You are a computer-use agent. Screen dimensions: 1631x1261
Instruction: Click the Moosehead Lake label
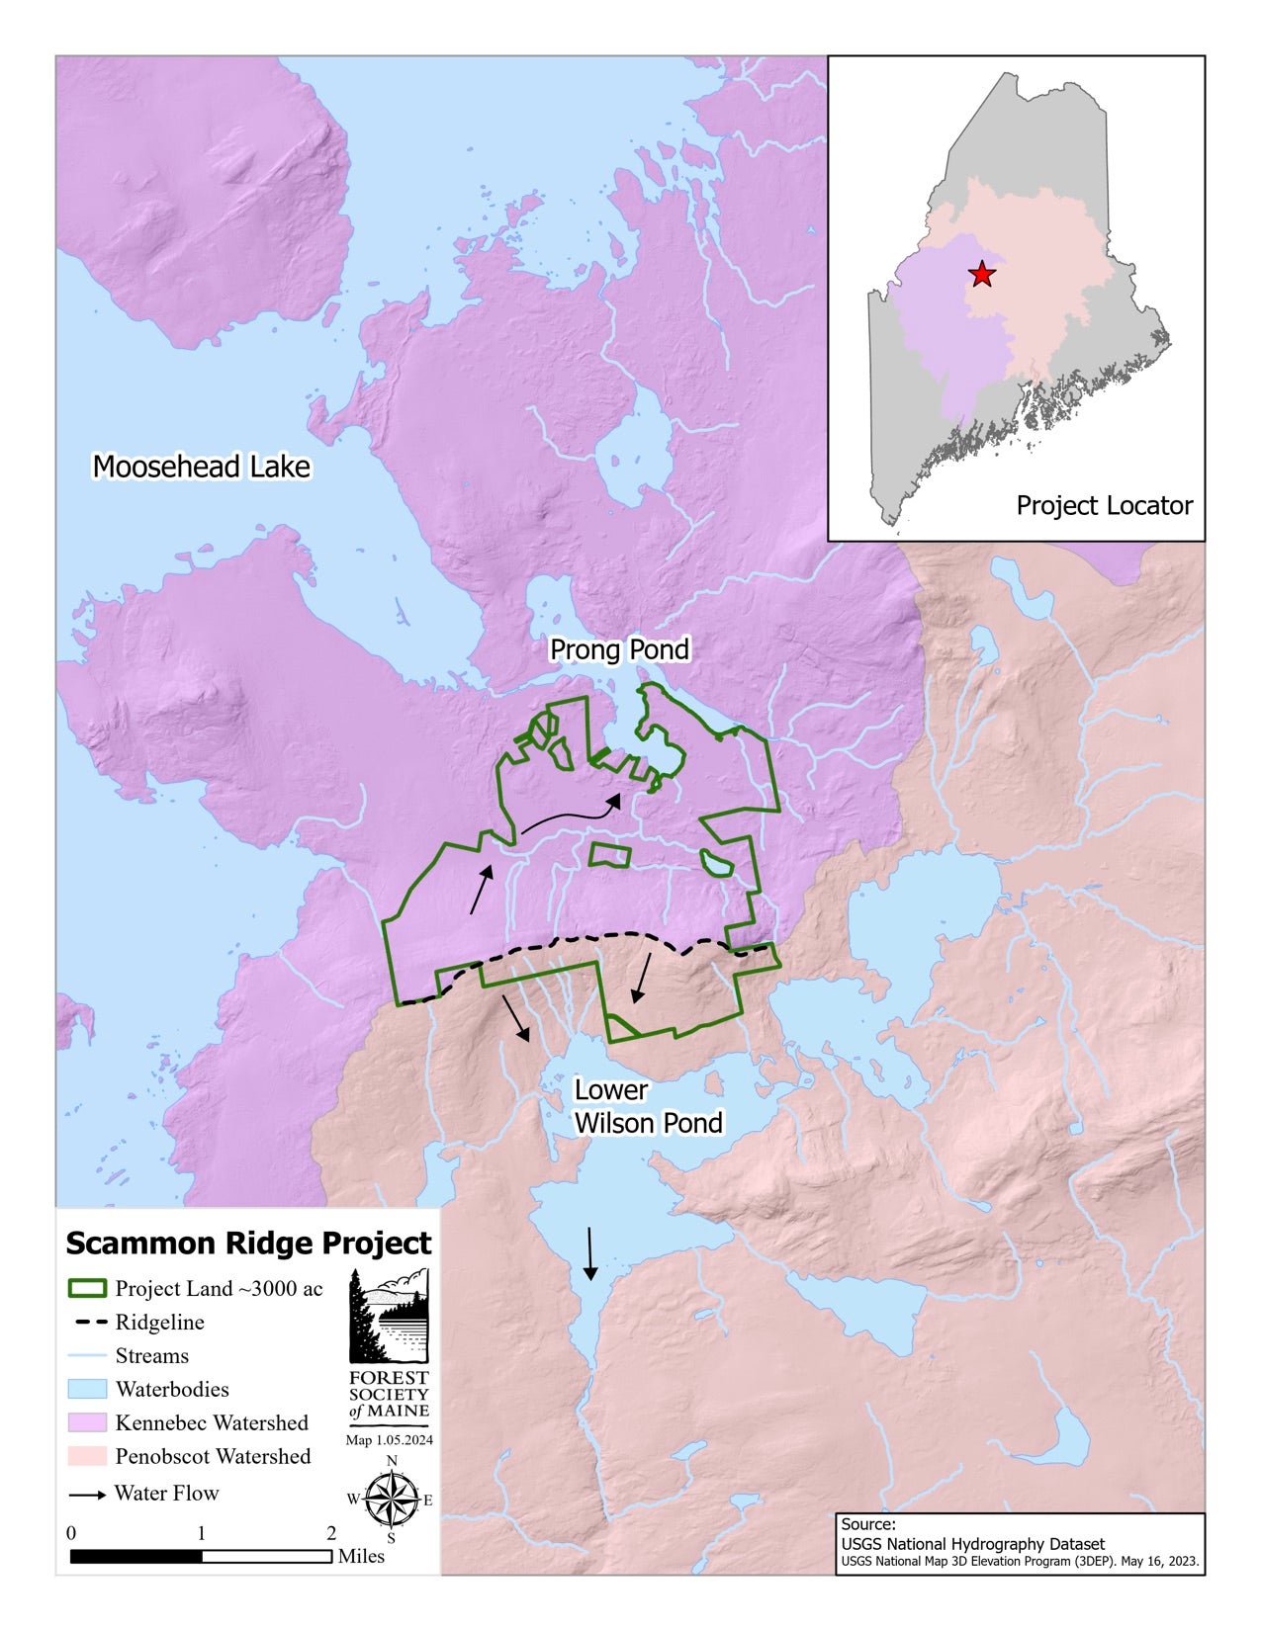click(201, 467)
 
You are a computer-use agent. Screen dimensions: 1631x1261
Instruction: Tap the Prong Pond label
click(619, 649)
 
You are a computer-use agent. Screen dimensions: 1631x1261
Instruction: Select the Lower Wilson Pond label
click(648, 1106)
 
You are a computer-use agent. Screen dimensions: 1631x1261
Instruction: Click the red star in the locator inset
click(981, 275)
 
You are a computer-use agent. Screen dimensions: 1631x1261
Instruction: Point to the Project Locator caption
click(1104, 505)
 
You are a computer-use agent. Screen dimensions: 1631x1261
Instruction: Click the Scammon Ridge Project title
click(248, 1244)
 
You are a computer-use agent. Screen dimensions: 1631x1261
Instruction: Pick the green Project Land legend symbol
click(87, 1289)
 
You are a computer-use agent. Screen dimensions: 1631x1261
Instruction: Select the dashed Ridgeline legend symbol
click(87, 1323)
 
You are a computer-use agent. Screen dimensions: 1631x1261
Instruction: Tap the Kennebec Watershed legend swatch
click(87, 1422)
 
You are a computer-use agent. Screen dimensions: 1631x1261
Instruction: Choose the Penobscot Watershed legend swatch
click(87, 1456)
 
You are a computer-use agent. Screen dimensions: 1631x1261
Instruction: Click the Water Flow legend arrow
click(87, 1495)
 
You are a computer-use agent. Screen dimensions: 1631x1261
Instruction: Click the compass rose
click(392, 1499)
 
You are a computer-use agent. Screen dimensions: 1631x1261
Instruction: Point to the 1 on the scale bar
click(202, 1533)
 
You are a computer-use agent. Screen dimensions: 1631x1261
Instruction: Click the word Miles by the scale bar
click(361, 1556)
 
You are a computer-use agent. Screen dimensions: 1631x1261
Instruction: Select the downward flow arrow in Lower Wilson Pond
click(590, 1253)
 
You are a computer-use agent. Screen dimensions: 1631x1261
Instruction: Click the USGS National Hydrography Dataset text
click(972, 1543)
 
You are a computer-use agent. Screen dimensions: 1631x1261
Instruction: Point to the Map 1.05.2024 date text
click(390, 1440)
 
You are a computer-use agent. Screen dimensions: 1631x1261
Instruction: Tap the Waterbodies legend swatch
click(87, 1389)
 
